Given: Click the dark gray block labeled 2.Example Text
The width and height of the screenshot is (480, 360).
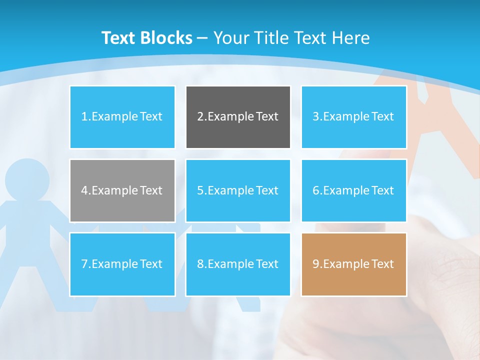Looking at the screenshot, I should coord(238,117).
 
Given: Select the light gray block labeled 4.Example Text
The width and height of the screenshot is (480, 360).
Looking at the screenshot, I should coord(122,190).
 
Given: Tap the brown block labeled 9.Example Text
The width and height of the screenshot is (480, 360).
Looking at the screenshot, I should coord(353,264).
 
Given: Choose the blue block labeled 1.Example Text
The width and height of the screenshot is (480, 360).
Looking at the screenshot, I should coord(122,117).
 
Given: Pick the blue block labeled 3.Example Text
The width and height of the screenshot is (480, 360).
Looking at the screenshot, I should coord(353,117).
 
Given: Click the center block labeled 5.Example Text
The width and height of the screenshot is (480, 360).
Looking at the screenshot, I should coord(238,190).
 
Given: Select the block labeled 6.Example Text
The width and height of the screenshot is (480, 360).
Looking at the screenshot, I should coord(353,190).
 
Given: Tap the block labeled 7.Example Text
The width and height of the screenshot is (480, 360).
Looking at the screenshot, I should coord(122,264).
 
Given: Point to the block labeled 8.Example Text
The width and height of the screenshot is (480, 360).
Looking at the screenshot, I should coord(238,264).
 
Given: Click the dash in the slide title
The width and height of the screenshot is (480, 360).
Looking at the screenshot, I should coord(202,38).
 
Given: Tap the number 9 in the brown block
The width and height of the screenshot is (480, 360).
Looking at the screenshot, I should coord(315,264).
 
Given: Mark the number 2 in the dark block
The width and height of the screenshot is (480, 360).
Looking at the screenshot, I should coord(200,117).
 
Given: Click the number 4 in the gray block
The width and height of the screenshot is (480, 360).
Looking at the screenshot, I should coord(84,190).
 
